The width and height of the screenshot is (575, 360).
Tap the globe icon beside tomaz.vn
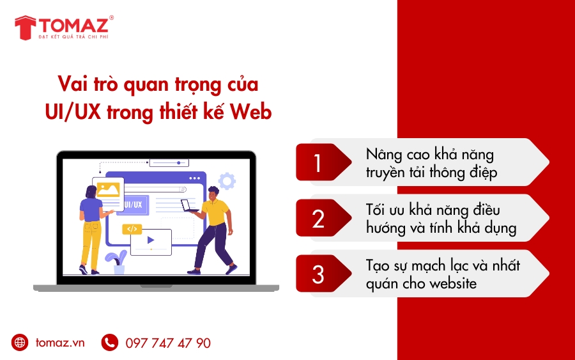point(20,343)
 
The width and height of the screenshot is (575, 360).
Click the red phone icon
point(110,343)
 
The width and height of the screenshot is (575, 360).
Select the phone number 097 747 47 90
point(168,343)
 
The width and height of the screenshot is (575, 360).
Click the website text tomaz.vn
point(60,343)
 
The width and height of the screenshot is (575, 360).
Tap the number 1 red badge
point(319,162)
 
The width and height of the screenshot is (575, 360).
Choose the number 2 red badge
point(319,218)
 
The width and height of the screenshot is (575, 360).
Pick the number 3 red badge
point(319,274)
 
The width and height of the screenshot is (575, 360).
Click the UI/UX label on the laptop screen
point(132,205)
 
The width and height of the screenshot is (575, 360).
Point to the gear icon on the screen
point(227,181)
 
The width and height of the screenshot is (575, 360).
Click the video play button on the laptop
point(151,240)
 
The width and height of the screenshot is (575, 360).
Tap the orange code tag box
point(132,228)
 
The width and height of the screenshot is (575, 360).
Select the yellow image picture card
point(108,189)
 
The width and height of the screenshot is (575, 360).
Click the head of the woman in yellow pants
point(89,191)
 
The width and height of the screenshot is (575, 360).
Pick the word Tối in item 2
point(378,210)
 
